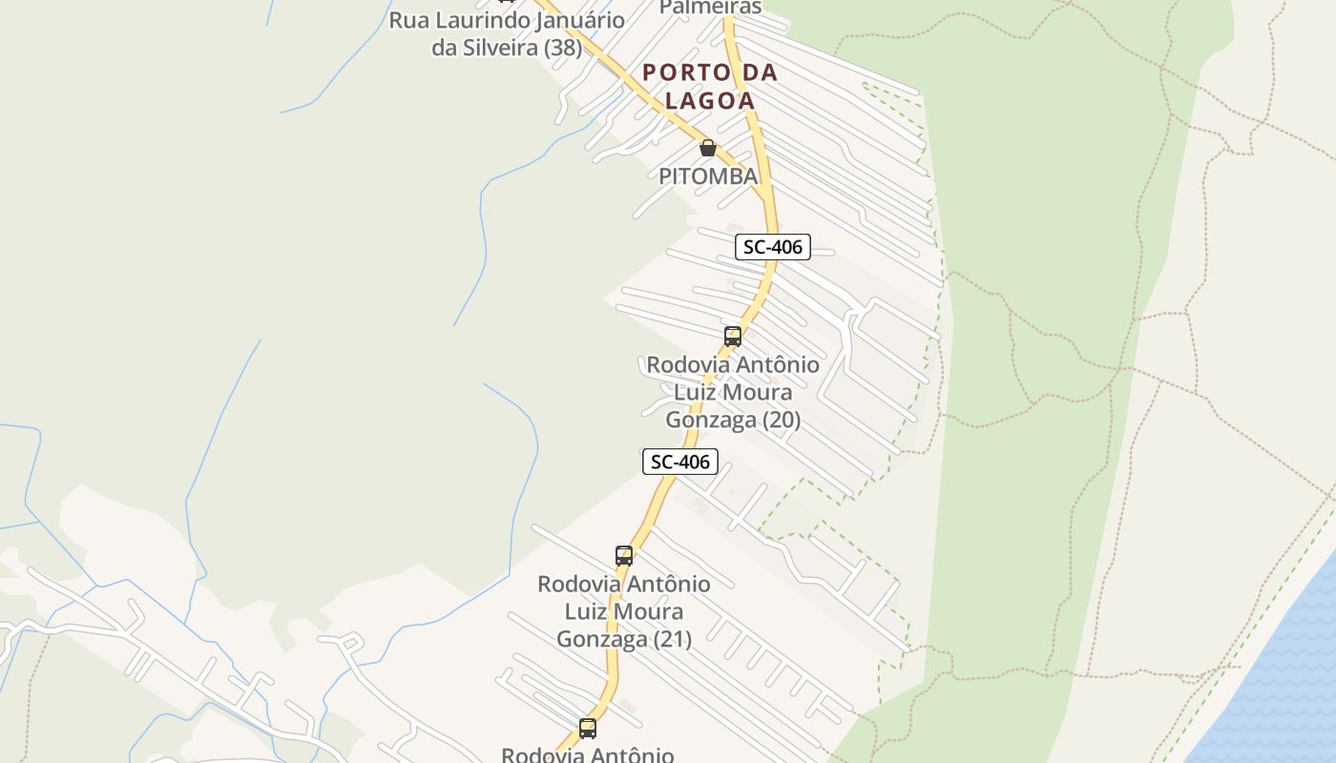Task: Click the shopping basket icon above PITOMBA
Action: coord(708,148)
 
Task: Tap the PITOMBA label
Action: coord(708,175)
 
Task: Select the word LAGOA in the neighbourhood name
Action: coord(710,100)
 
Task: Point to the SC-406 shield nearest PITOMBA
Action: coord(773,247)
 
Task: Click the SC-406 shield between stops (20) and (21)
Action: coord(679,462)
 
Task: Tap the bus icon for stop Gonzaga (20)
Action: coord(733,336)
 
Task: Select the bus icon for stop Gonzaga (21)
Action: coord(624,555)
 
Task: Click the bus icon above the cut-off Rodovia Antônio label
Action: coord(588,728)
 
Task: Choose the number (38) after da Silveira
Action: coord(562,48)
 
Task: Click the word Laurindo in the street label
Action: coord(477,20)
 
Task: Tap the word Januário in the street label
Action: coord(580,20)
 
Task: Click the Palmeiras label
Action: coord(711,8)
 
